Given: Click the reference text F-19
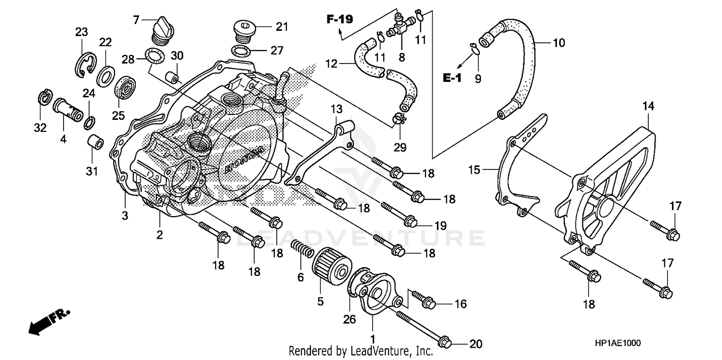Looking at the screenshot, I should (339, 20).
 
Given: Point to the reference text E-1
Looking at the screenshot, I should (452, 77).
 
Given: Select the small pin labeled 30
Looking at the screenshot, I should (172, 77).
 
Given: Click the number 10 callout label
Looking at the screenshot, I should (558, 43).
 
